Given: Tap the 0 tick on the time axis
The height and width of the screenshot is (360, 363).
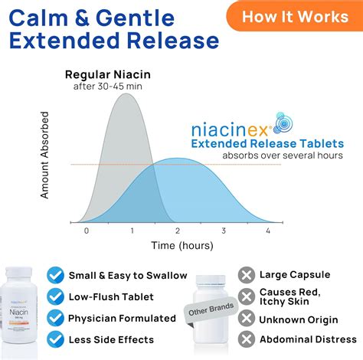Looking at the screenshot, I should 87,231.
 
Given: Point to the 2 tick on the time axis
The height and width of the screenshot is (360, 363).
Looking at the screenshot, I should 178,231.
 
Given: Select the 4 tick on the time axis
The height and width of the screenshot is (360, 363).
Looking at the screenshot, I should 268,231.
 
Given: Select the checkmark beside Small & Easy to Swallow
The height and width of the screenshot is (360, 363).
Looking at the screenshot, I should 55,274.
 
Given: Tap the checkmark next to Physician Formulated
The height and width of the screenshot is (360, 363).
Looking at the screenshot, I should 55,317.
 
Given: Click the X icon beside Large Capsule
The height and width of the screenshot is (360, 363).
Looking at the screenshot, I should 246,274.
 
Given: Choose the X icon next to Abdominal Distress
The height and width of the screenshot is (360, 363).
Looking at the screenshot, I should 246,339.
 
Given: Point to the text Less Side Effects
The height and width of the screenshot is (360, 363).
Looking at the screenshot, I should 111,339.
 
